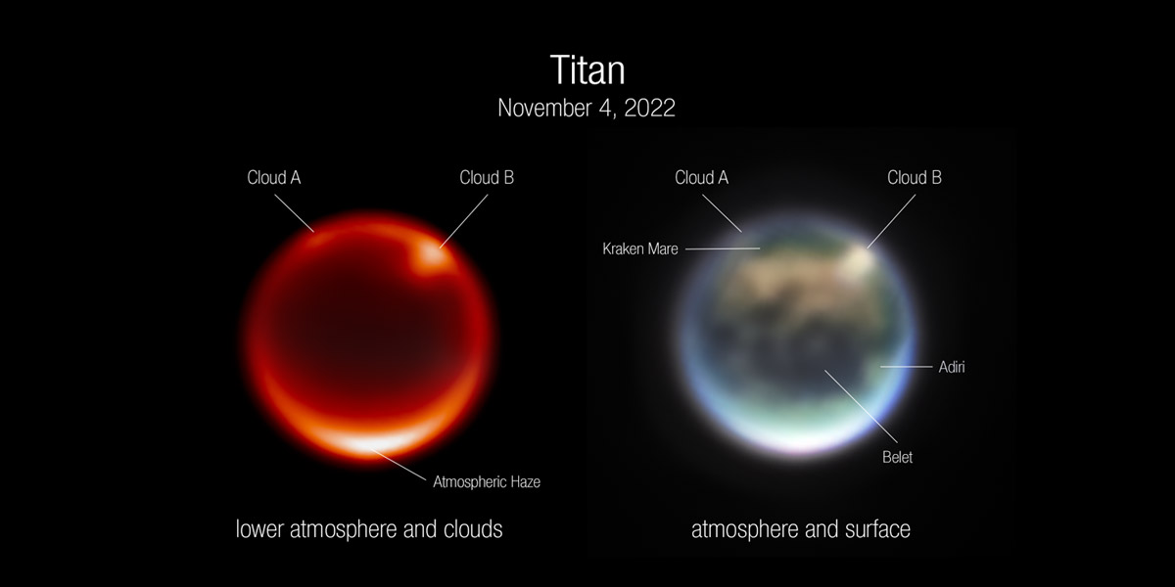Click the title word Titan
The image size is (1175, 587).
point(587,69)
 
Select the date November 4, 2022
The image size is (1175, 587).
point(587,108)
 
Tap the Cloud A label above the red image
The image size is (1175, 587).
point(274,178)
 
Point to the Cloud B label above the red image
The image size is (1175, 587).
point(487,178)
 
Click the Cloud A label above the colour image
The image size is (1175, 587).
point(701,178)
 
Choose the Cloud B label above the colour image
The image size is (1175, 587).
point(915,178)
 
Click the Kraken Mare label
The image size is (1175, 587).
point(640,248)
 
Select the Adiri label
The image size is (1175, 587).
point(952,367)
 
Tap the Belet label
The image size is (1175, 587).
point(898,457)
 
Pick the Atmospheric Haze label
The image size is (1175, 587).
point(487,481)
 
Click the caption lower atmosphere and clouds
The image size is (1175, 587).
point(369,529)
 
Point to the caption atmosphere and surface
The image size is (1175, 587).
point(801,529)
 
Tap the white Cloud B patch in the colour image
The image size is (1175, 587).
point(857,259)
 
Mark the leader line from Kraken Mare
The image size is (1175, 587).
point(723,248)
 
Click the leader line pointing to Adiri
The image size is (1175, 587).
point(906,367)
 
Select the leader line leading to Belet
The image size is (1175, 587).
point(861,406)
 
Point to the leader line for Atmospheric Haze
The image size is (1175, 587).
point(399,465)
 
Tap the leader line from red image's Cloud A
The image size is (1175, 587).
point(295,213)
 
